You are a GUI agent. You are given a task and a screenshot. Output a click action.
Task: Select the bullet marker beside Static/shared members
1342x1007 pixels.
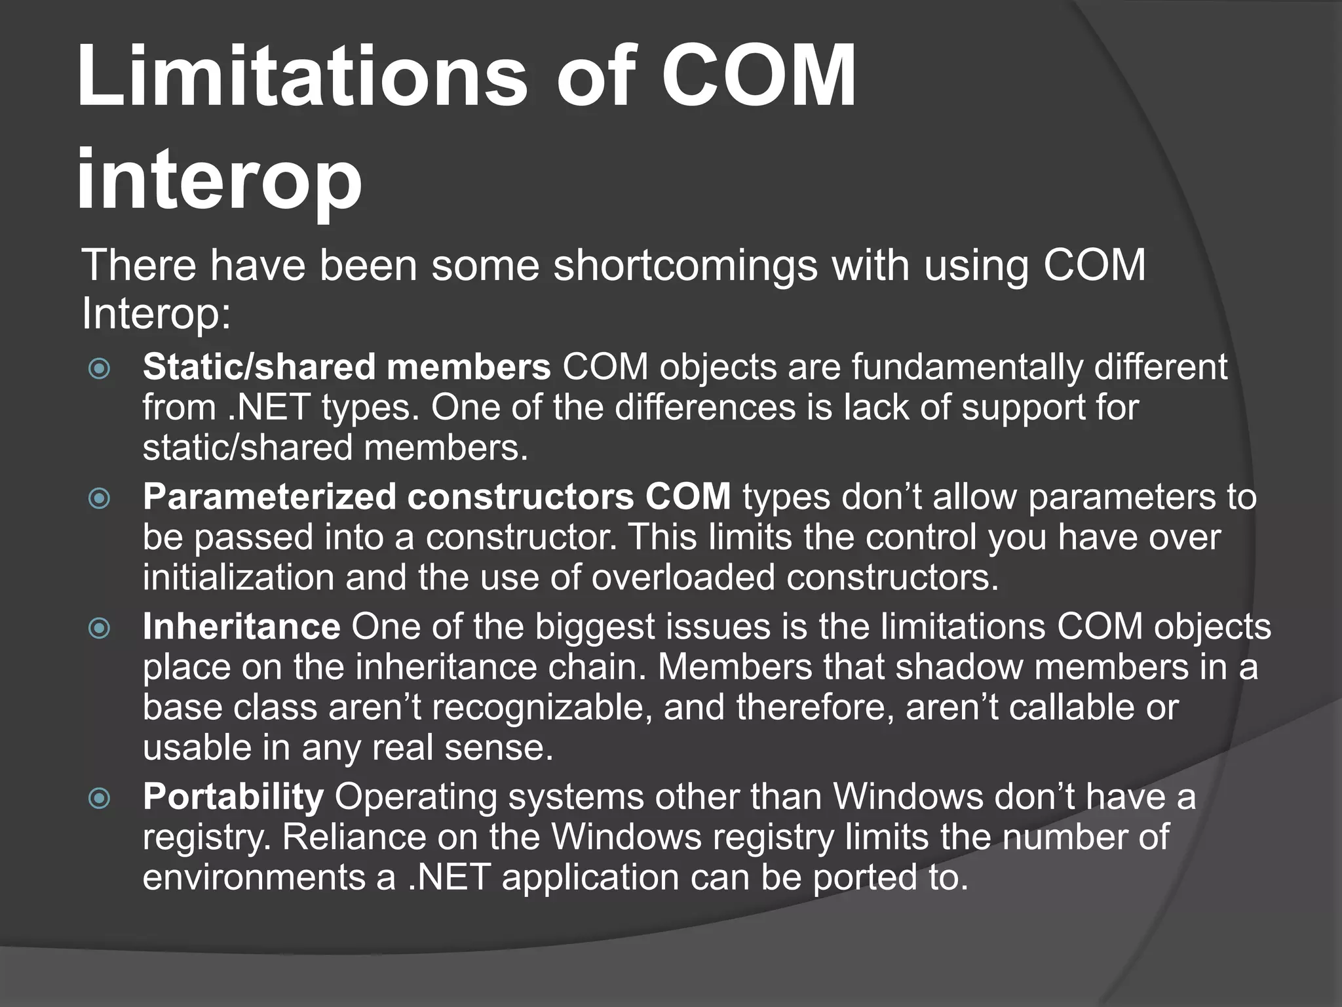tap(100, 368)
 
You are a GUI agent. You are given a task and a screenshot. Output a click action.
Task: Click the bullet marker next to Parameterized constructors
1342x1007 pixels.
tap(100, 499)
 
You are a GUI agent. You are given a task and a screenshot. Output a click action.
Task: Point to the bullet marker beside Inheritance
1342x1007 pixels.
tap(100, 629)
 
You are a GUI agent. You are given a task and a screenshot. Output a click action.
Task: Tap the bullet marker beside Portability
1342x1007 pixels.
tap(100, 799)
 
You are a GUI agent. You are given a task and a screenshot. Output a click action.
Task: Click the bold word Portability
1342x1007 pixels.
tap(233, 797)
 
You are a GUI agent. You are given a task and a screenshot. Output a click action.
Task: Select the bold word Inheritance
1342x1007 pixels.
tap(241, 627)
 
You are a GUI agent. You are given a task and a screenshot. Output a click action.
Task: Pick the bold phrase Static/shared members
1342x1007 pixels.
tap(347, 367)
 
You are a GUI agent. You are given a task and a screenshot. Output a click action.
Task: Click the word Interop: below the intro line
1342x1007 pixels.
tap(156, 314)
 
